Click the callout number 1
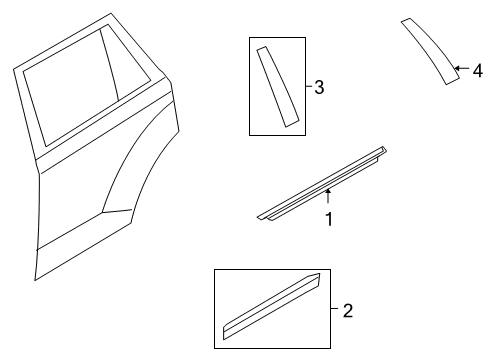pos(329,219)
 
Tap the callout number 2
pos(348,311)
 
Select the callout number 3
pos(319,87)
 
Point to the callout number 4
pos(478,71)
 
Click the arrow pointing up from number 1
pos(328,196)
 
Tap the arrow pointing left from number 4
pos(462,68)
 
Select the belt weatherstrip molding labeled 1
pos(322,183)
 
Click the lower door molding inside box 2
pos(272,306)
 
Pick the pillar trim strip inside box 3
pos(277,86)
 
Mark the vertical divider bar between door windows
pos(110,65)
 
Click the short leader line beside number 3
pos(309,86)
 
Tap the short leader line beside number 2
pos(334,309)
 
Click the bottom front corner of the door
pos(35,280)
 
